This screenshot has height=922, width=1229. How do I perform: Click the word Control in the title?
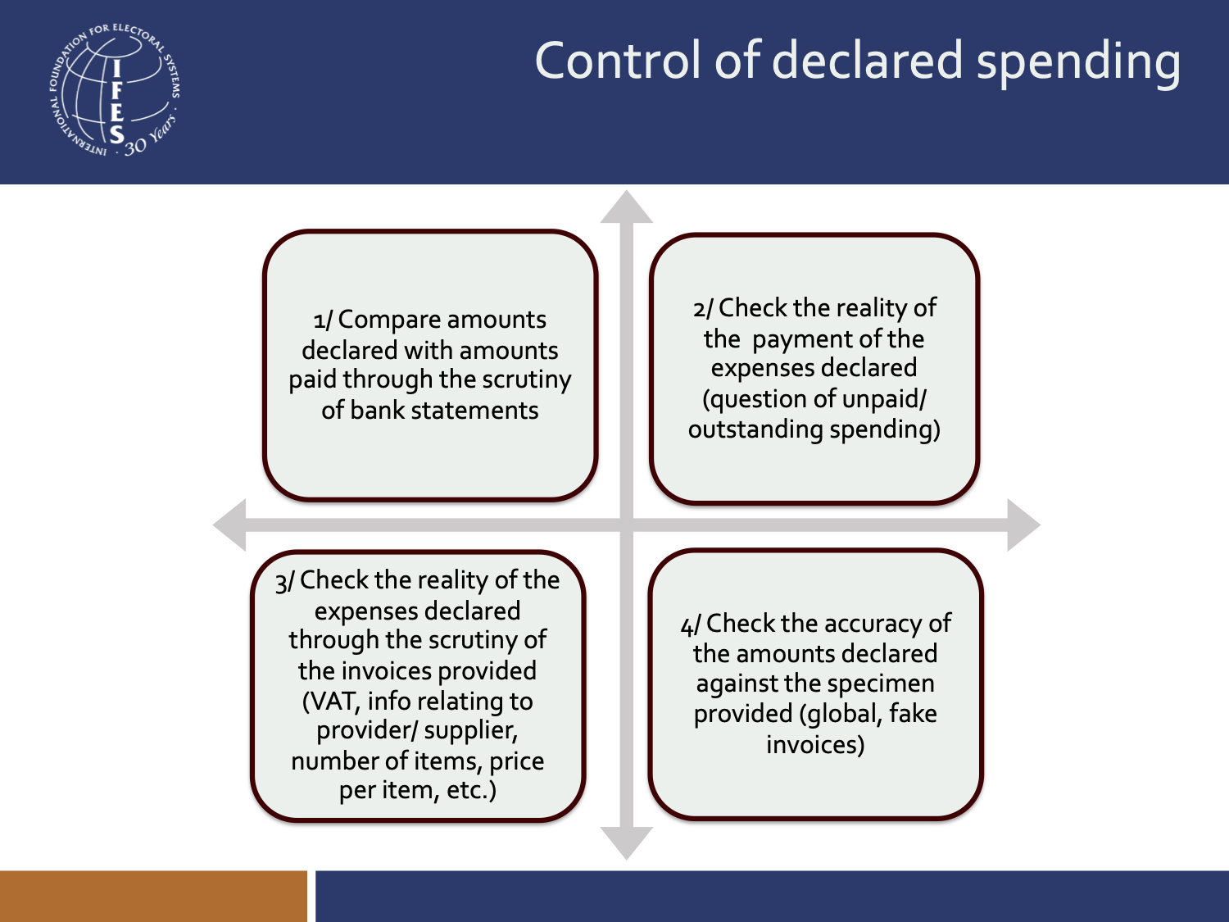coord(618,61)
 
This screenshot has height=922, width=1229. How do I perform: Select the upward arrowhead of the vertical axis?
coord(627,208)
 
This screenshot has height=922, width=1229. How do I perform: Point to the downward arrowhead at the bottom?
coord(627,842)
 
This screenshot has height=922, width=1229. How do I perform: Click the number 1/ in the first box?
coord(323,320)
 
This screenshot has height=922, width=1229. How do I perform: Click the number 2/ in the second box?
coord(703,309)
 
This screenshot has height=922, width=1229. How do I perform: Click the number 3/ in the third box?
coord(284,582)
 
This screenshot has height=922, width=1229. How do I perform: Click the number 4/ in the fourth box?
coord(690,625)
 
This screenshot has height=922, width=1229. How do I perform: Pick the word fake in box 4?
coord(913,714)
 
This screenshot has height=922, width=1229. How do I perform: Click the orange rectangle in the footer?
coord(153,896)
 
